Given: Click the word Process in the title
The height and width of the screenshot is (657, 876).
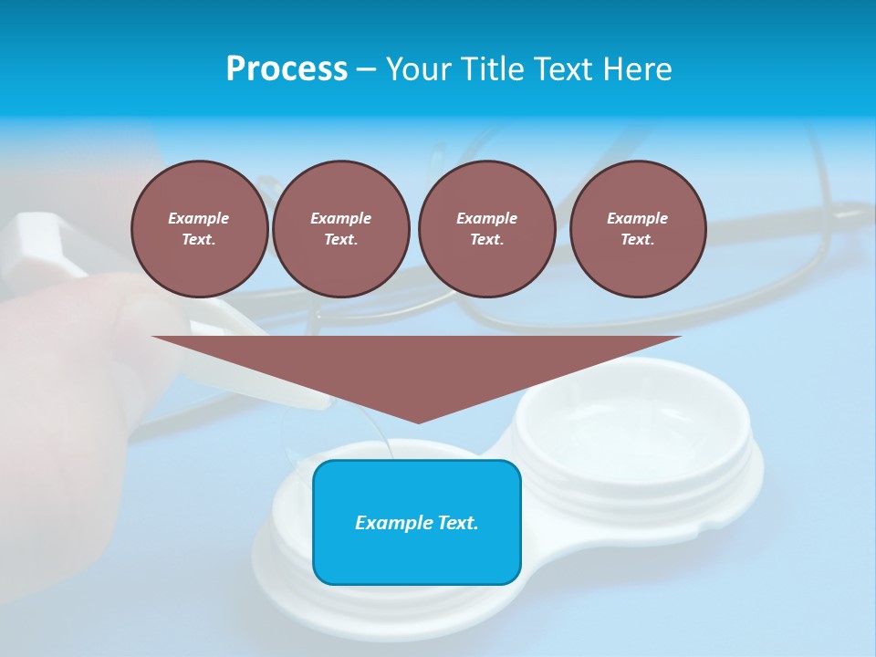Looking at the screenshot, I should [x=287, y=69].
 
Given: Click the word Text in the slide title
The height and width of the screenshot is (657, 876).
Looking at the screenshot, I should [x=567, y=69].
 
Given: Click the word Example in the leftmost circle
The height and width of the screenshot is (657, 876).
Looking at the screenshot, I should [x=199, y=218].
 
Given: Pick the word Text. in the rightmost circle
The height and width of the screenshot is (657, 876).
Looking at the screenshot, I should [x=638, y=239].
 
